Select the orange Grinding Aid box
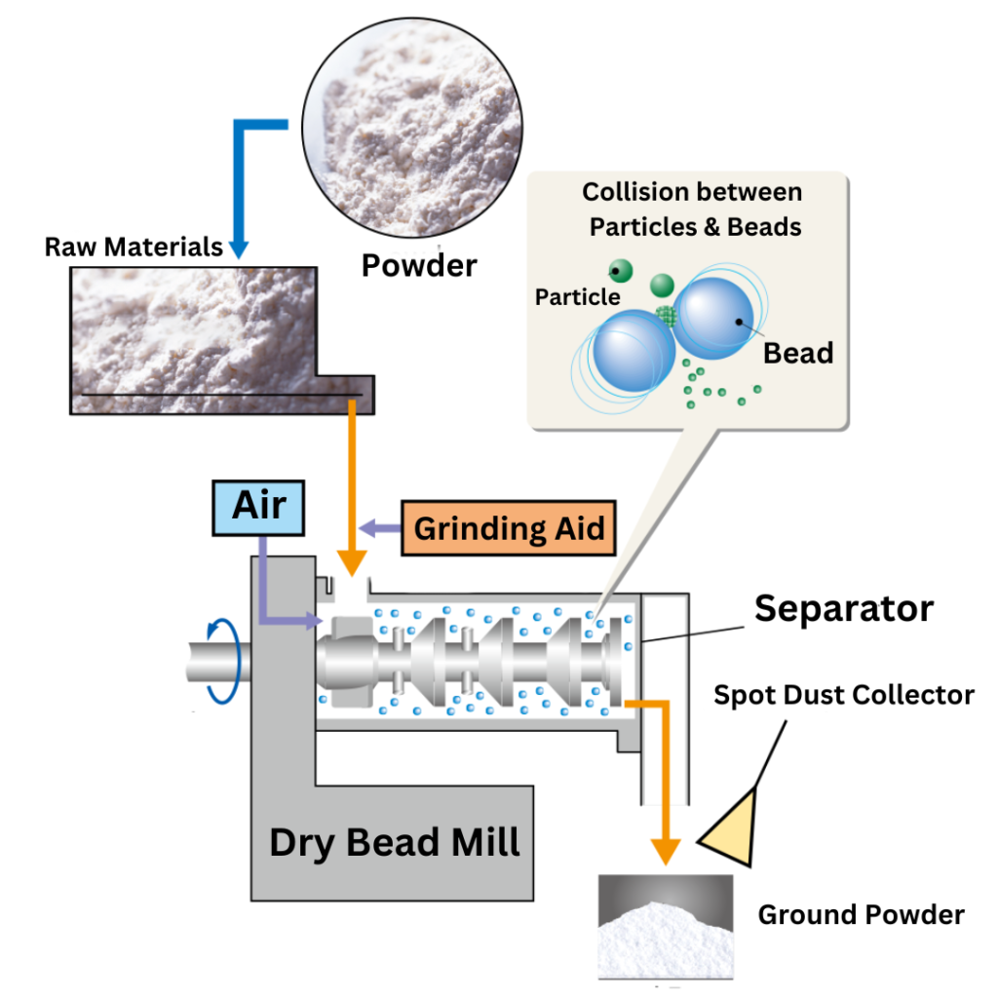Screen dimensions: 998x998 510,529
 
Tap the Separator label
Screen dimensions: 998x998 844,609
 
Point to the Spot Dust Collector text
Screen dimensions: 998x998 844,695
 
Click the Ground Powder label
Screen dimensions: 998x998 862,915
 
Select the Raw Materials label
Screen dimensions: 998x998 134,247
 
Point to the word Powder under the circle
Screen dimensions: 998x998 419,265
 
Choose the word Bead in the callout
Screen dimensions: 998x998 798,353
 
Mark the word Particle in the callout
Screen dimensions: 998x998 578,296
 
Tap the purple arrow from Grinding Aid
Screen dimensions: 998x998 380,528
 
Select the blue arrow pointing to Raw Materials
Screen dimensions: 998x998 238,248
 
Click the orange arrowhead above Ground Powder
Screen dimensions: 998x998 666,847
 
